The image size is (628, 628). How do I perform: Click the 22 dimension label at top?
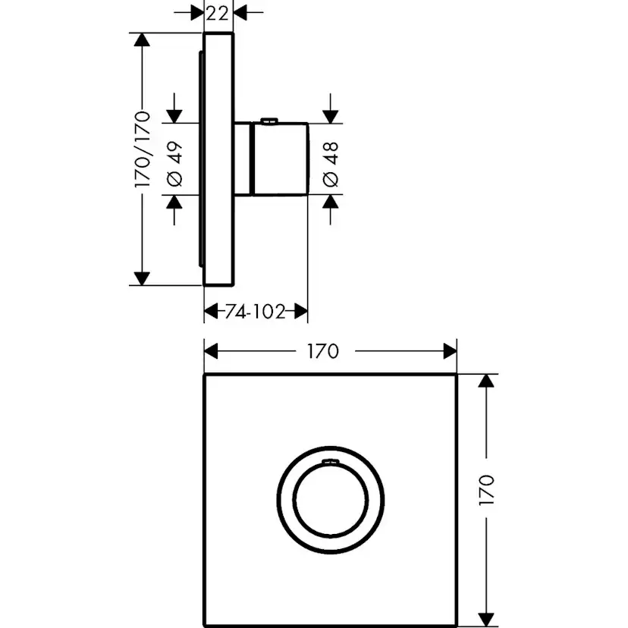218,12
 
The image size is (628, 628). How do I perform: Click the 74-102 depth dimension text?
255,311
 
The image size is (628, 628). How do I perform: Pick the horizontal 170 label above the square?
322,351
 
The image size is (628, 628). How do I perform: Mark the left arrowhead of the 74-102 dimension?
212,311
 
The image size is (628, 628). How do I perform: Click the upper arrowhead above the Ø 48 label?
331,114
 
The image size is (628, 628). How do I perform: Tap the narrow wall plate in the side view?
219,159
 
